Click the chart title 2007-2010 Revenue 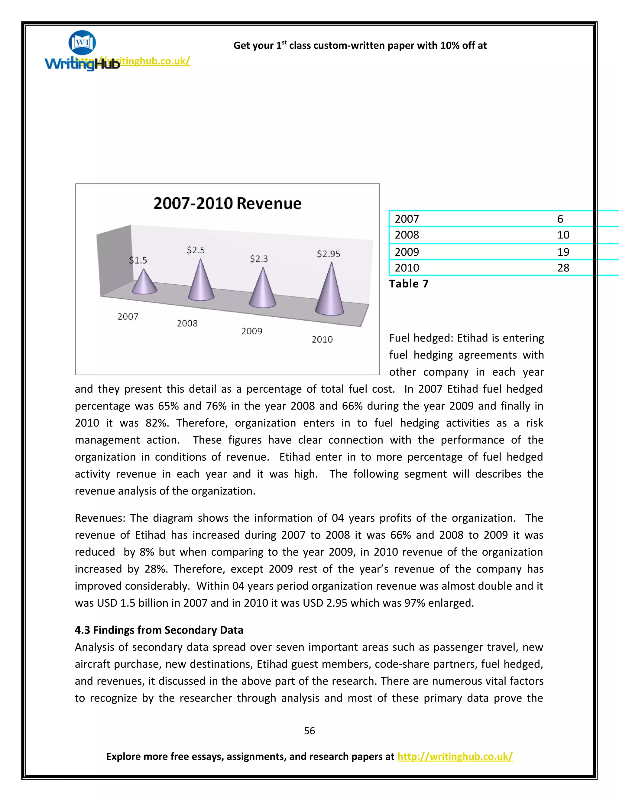click(227, 203)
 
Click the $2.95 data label click(329, 254)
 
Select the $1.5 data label click(138, 260)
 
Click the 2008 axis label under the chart click(187, 323)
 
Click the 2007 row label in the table click(407, 219)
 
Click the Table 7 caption click(409, 284)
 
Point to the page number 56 click(309, 731)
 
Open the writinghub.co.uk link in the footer click(455, 756)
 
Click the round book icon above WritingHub click(82, 43)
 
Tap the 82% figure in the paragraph click(157, 423)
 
